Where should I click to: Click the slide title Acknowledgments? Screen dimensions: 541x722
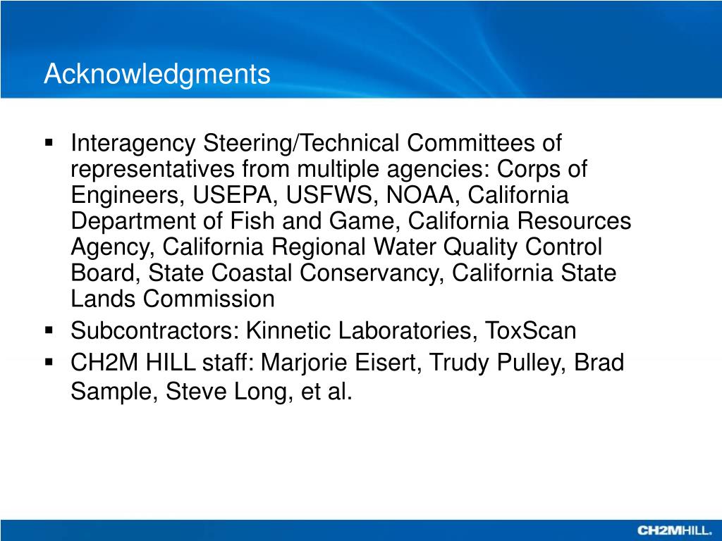click(x=157, y=74)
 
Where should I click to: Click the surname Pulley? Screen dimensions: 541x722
click(x=533, y=363)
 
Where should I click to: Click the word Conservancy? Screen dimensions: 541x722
click(x=371, y=273)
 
